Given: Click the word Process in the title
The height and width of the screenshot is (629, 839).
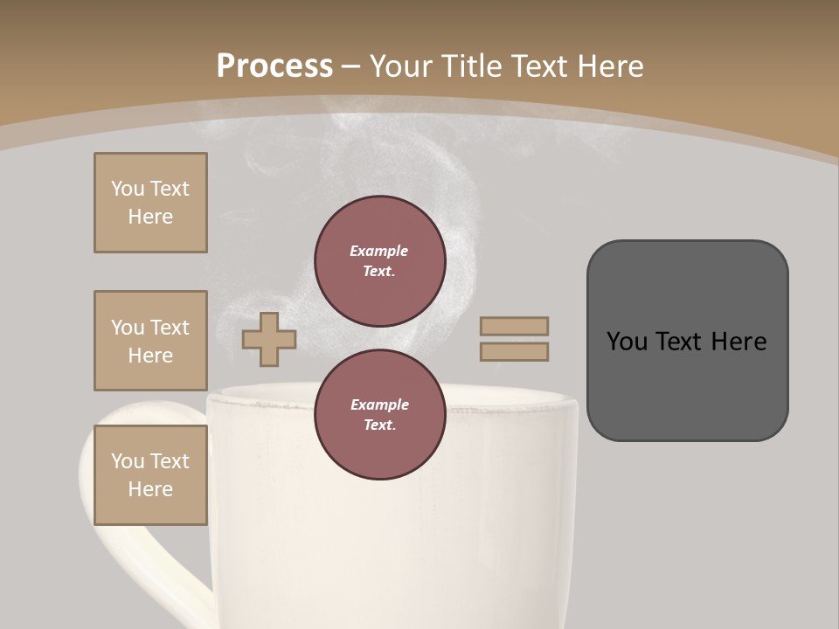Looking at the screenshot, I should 274,66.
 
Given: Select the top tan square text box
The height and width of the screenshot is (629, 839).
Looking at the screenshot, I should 150,203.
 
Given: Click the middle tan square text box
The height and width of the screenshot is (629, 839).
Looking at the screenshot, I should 150,341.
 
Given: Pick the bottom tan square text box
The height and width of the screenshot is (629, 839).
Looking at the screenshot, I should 150,475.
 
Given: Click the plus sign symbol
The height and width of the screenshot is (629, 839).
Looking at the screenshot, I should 269,339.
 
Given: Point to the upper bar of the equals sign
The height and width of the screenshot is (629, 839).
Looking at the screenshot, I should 514,326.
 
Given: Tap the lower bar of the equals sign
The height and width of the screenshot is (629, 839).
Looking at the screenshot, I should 514,351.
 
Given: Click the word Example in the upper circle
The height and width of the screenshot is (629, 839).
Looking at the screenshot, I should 379,251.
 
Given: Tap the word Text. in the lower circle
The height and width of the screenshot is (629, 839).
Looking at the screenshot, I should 379,425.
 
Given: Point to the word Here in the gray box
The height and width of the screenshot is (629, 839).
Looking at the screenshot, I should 738,342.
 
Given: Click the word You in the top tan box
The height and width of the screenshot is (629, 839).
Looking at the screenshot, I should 128,189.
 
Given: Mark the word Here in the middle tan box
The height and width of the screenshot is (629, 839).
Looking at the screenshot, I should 150,356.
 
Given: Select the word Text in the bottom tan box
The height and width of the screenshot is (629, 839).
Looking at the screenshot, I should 169,461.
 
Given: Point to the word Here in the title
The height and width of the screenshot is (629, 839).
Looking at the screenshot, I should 610,66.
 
